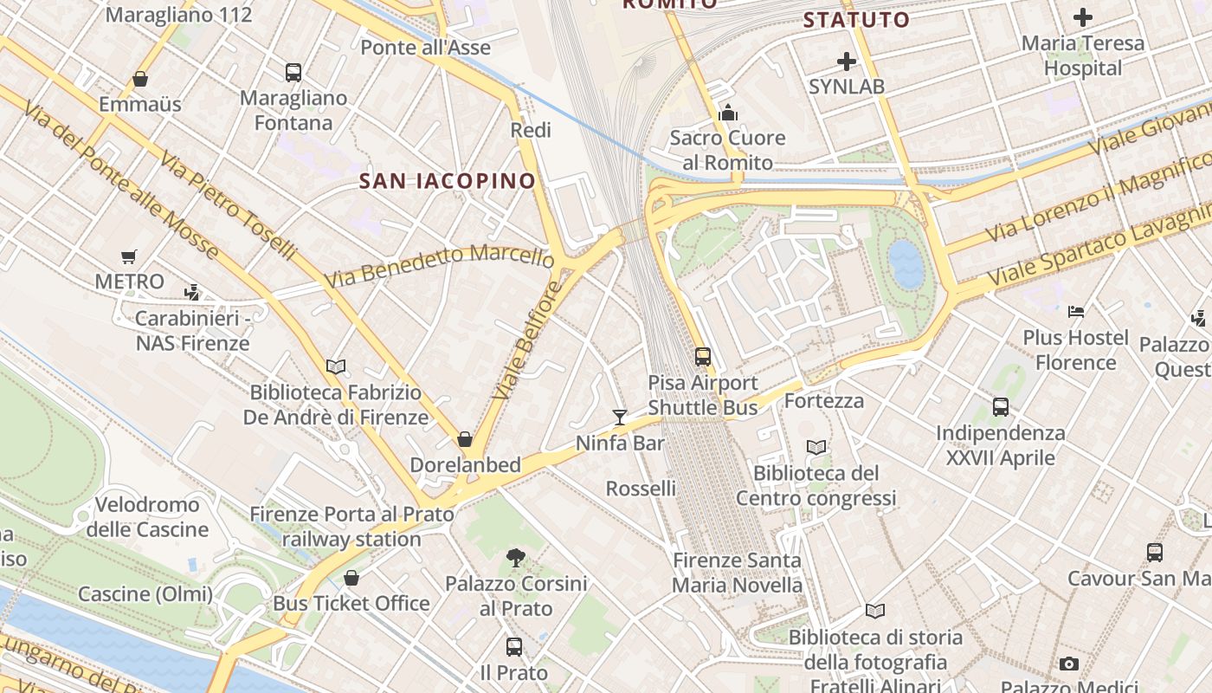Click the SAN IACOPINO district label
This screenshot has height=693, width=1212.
click(x=448, y=181)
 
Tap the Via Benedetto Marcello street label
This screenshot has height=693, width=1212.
click(x=440, y=266)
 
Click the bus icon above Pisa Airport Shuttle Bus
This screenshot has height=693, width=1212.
click(x=703, y=356)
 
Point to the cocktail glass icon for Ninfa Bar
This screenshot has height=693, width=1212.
click(x=619, y=418)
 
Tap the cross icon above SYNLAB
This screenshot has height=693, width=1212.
click(x=846, y=62)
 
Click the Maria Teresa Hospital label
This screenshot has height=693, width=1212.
click(x=1082, y=55)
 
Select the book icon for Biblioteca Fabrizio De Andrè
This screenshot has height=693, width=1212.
click(x=336, y=366)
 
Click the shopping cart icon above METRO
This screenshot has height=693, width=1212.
click(x=129, y=256)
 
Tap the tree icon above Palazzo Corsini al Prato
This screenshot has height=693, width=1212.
click(x=516, y=557)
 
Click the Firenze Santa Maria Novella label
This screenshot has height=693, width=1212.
click(x=737, y=573)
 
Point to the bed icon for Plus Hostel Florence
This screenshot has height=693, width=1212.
click(x=1076, y=311)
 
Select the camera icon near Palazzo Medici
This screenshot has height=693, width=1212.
click(x=1069, y=664)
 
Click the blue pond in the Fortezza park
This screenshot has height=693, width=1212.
click(x=906, y=264)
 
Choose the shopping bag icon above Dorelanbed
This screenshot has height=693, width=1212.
click(x=465, y=439)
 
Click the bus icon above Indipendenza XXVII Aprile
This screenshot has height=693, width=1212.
click(x=1001, y=406)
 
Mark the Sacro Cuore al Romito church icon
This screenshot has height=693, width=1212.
click(x=728, y=113)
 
